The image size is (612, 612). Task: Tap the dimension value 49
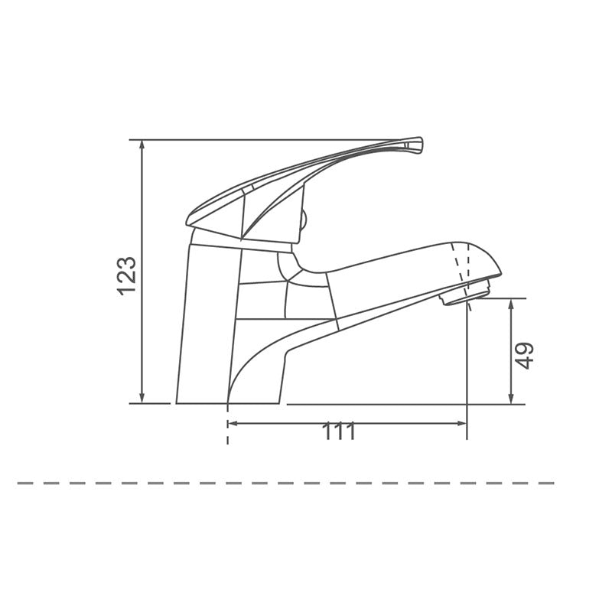pos(524,355)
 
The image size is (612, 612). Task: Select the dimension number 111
pos(339,432)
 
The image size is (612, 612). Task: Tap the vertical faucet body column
pos(207,321)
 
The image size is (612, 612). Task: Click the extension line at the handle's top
pos(268,140)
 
